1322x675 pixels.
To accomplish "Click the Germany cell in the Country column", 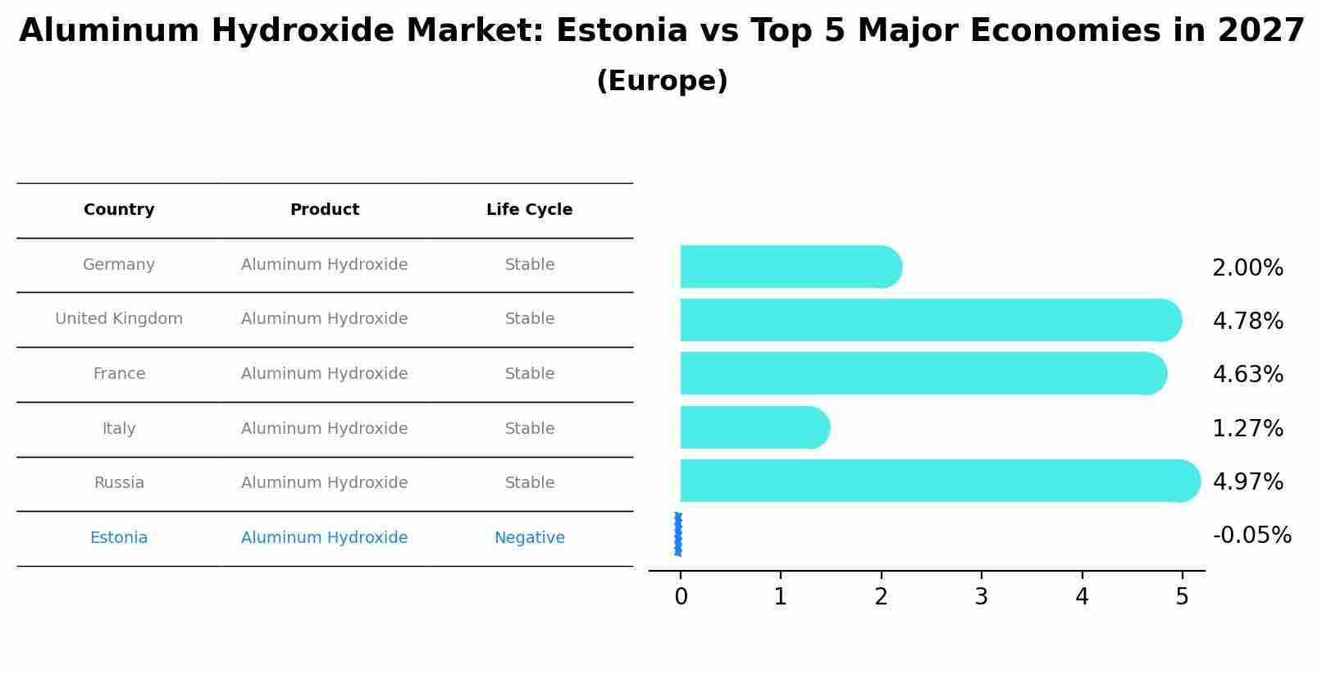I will (119, 265).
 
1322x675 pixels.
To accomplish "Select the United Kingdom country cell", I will (119, 319).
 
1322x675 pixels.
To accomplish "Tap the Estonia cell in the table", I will (119, 538).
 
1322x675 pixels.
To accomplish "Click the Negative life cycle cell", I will (529, 538).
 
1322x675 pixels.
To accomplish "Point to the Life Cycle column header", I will (529, 210).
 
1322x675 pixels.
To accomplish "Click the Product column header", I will (325, 210).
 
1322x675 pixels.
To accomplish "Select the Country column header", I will (119, 210).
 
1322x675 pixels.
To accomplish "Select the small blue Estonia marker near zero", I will (678, 534).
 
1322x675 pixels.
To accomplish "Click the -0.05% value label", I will (1251, 536).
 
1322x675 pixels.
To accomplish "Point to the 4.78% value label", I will (1247, 322).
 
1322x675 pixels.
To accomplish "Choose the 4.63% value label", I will (1247, 375).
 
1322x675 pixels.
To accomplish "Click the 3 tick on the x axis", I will (981, 597).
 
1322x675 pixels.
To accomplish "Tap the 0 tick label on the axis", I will (681, 597).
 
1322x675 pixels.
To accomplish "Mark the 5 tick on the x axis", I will (1182, 597).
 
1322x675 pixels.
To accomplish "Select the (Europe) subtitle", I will (662, 81).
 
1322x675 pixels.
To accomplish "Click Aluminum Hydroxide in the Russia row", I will (325, 483).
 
